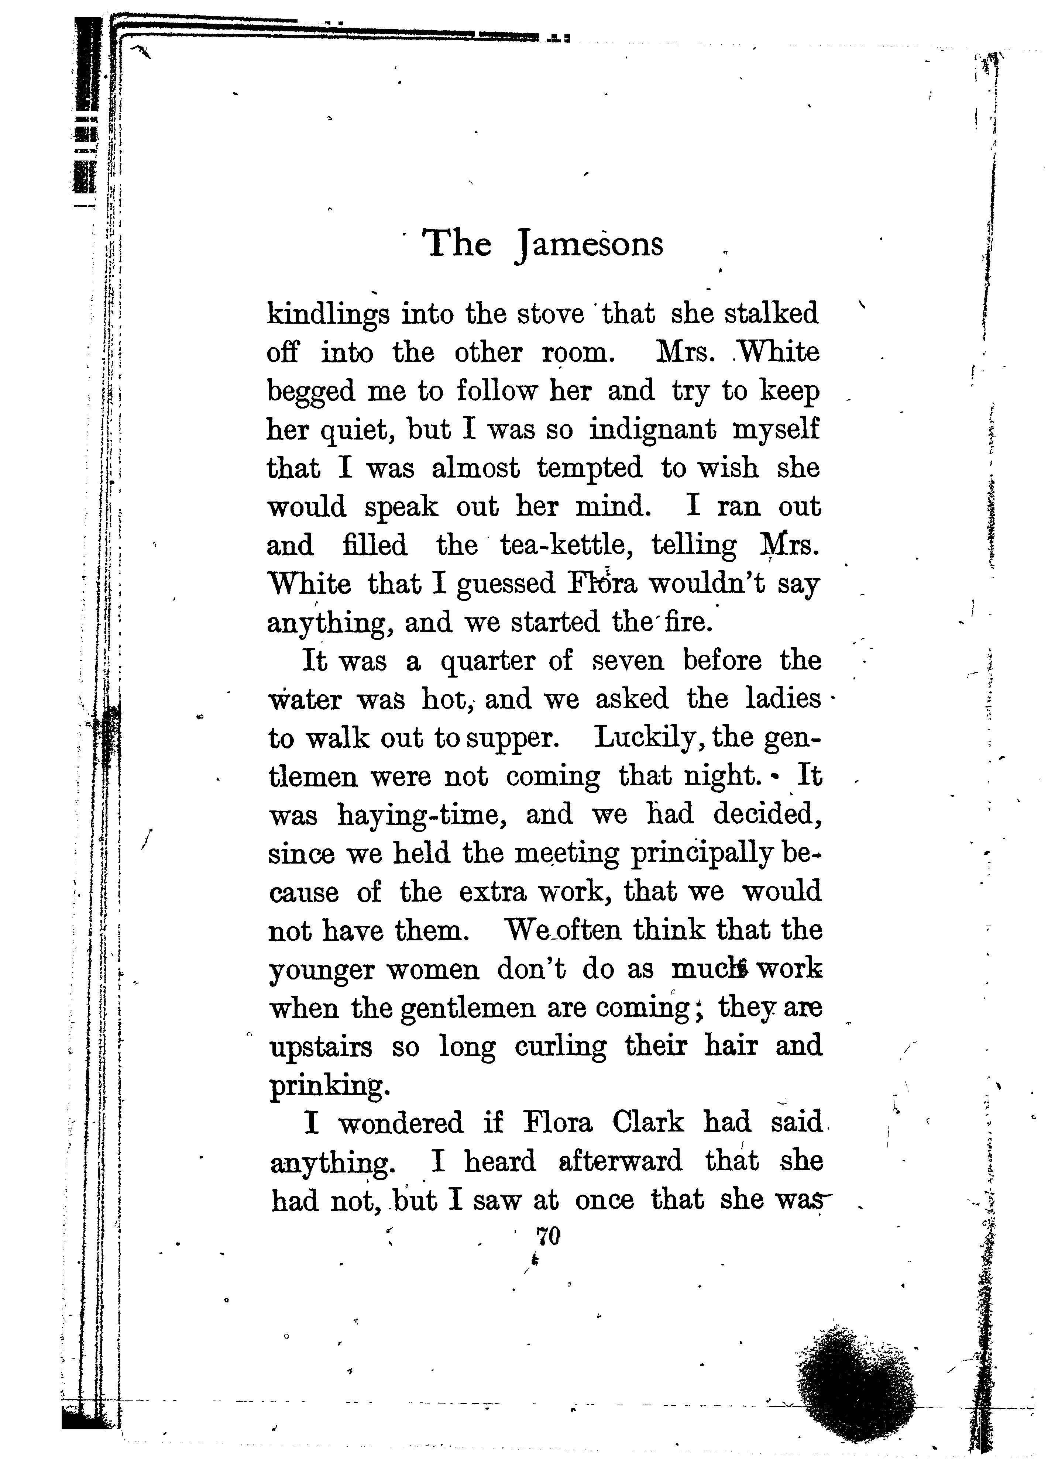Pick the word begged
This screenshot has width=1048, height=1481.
pyautogui.click(x=311, y=393)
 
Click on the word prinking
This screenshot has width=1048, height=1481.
pyautogui.click(x=329, y=1086)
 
